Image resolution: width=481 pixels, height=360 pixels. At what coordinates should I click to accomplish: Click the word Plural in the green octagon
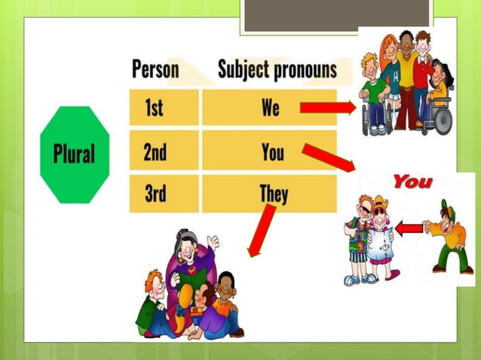pyautogui.click(x=75, y=154)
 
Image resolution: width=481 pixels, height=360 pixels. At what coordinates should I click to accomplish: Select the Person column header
pyautogui.click(x=155, y=70)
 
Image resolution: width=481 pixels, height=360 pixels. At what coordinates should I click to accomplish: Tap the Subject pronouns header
pyautogui.click(x=277, y=70)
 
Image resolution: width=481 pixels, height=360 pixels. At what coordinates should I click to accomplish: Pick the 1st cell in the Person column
pyautogui.click(x=154, y=108)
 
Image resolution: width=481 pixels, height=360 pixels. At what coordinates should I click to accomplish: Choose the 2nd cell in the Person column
pyautogui.click(x=155, y=153)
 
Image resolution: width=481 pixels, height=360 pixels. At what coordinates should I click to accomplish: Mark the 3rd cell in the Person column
pyautogui.click(x=154, y=194)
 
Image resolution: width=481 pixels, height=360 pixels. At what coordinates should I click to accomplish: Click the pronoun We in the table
pyautogui.click(x=271, y=108)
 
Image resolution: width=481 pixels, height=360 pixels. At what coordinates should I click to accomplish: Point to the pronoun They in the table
pyautogui.click(x=273, y=194)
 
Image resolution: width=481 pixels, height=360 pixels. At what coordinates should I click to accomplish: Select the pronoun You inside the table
pyautogui.click(x=272, y=153)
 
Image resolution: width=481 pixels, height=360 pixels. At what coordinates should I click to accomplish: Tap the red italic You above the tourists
pyautogui.click(x=412, y=182)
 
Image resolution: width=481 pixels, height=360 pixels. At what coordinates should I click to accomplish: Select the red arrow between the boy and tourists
pyautogui.click(x=409, y=227)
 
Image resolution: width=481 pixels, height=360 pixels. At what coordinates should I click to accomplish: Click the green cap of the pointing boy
pyautogui.click(x=445, y=206)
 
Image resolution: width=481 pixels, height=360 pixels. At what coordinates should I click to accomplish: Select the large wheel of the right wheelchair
pyautogui.click(x=442, y=121)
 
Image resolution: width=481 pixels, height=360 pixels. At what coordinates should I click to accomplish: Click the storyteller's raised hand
pyautogui.click(x=213, y=243)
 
